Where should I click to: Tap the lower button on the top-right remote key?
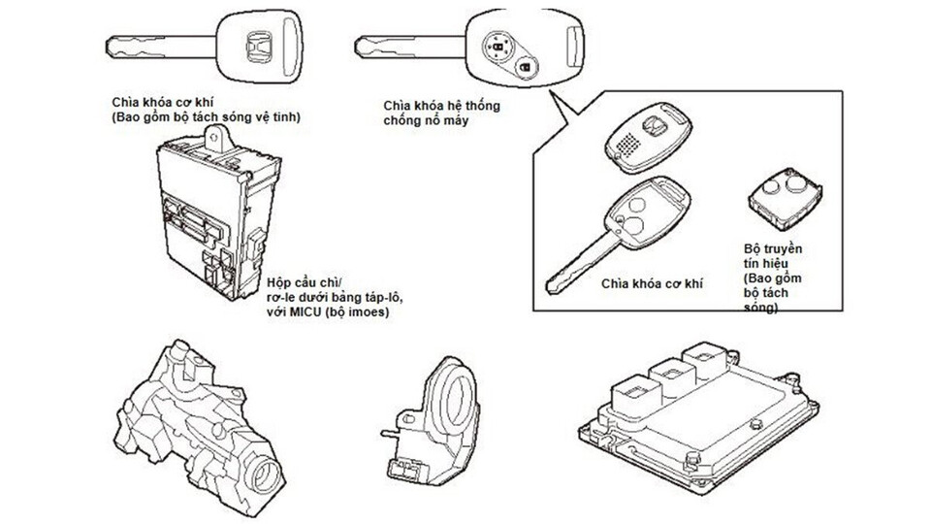pyautogui.click(x=524, y=69)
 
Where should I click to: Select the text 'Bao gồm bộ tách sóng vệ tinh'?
pyautogui.click(x=208, y=116)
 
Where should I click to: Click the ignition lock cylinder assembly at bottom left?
pyautogui.click(x=209, y=422)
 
